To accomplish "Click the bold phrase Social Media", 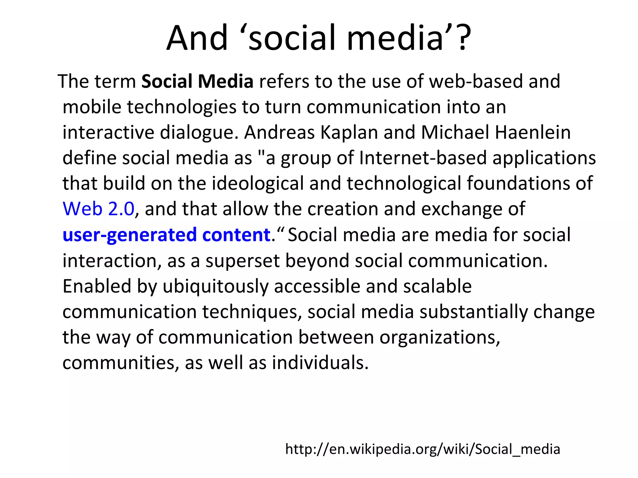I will (x=197, y=82).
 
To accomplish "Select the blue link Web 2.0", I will (x=98, y=209).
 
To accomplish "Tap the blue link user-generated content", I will (x=166, y=235).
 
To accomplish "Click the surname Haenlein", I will (x=533, y=133).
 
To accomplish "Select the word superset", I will (x=242, y=261).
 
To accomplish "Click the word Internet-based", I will (x=423, y=158).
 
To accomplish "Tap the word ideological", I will (x=258, y=183).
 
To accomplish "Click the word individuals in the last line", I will (x=320, y=363).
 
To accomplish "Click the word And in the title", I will (x=197, y=38).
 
